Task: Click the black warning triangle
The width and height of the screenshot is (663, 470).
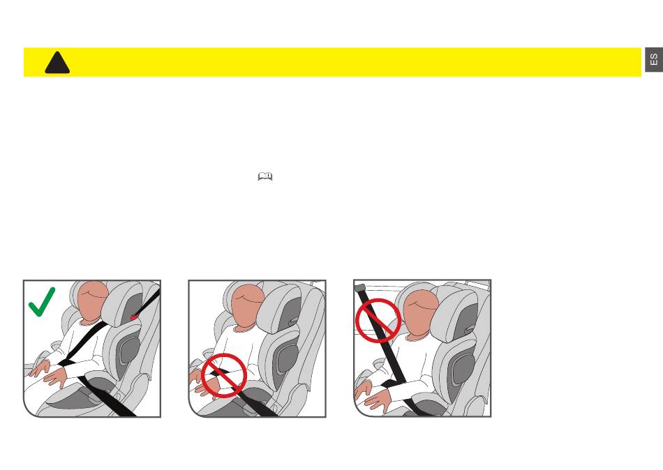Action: tap(57, 63)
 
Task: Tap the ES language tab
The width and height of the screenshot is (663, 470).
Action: tap(654, 59)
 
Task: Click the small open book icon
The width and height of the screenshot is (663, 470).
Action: tap(265, 176)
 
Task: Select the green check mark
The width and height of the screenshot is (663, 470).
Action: tap(42, 301)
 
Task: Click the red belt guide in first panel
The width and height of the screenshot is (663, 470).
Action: tap(135, 317)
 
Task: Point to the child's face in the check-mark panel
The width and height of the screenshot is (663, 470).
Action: tap(94, 302)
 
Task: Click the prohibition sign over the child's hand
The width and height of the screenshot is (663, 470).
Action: tap(224, 375)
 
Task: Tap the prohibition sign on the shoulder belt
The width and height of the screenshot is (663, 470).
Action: tap(378, 321)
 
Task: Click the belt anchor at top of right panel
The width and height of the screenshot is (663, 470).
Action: tap(359, 288)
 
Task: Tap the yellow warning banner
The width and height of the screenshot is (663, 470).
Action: tap(332, 62)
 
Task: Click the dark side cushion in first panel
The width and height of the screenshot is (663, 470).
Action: tap(129, 348)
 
